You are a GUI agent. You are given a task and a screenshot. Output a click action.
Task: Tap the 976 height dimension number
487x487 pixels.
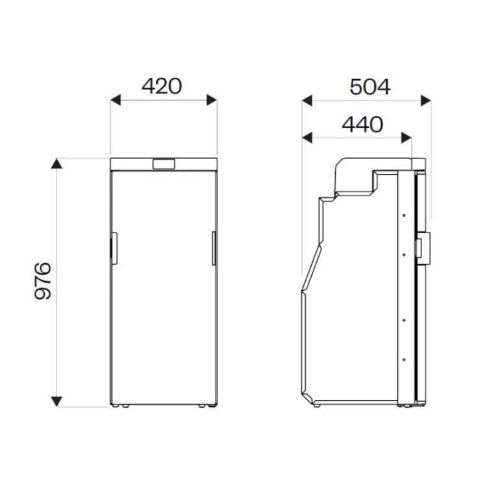[x=43, y=281]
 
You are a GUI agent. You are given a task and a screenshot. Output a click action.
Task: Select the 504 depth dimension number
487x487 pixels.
[x=370, y=87]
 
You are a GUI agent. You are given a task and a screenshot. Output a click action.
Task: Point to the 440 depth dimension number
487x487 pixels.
[x=362, y=124]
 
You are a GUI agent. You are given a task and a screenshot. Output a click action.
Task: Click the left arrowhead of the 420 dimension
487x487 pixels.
[x=115, y=100]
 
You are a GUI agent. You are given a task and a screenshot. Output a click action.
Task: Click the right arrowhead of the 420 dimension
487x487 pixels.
[x=212, y=100]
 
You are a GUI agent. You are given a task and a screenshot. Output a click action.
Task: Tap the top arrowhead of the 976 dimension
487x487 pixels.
[x=56, y=164]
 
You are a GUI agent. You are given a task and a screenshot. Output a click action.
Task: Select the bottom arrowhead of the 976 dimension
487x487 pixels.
[x=56, y=401]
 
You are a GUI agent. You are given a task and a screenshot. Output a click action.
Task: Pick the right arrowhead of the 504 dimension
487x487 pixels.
[x=426, y=101]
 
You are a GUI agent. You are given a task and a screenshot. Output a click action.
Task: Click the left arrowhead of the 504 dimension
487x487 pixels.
[x=307, y=101]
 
